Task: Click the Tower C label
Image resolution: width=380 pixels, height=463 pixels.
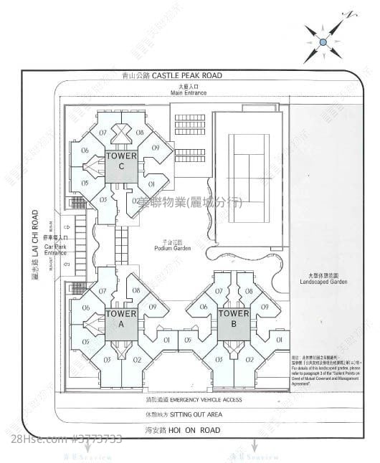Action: (122, 161)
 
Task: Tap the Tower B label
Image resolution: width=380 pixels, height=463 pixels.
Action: (233, 318)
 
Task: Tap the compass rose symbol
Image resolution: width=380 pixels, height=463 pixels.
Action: (323, 42)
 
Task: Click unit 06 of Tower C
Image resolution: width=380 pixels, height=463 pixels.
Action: (85, 150)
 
